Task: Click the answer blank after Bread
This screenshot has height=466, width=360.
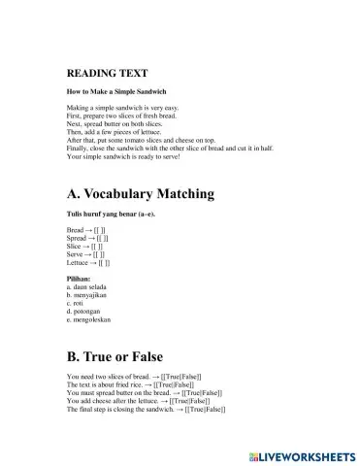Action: pos(100,230)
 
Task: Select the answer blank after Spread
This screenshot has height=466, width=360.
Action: pos(105,239)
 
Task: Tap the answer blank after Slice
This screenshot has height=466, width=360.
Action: pos(99,247)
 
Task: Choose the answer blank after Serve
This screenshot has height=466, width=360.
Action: pos(101,254)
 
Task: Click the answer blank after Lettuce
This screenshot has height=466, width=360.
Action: pos(105,262)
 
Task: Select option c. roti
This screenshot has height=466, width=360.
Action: pos(77,303)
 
